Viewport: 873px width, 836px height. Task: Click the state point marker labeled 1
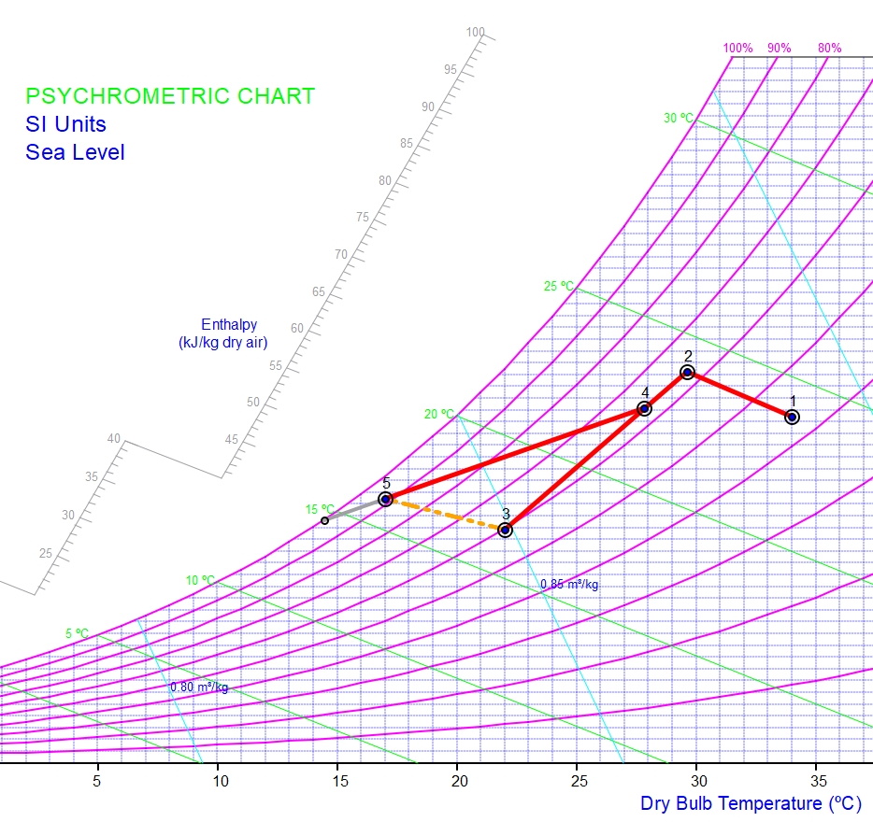coord(792,417)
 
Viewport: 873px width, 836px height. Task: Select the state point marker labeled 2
coord(687,373)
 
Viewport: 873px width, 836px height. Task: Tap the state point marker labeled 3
coord(506,530)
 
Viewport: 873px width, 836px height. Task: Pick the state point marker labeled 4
coord(644,408)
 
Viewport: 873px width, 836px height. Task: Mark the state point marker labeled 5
coord(385,500)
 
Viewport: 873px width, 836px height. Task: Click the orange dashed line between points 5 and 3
coord(445,515)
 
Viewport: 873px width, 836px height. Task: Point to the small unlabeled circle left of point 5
coord(324,520)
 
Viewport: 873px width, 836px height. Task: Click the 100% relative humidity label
coord(737,48)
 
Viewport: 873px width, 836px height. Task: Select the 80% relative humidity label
coord(829,48)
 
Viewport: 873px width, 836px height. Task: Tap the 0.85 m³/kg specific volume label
coord(569,585)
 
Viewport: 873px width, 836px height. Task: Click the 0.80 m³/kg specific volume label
coord(199,687)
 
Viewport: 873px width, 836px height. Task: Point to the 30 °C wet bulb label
coord(679,119)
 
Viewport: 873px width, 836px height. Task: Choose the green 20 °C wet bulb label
coord(439,414)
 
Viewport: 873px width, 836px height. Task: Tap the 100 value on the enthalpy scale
coord(476,33)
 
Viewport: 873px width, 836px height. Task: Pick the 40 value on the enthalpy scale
coord(114,439)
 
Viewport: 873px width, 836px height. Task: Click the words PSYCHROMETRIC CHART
coord(170,96)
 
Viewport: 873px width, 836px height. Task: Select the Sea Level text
coord(75,152)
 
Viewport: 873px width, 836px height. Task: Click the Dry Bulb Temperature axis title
coord(751,803)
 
